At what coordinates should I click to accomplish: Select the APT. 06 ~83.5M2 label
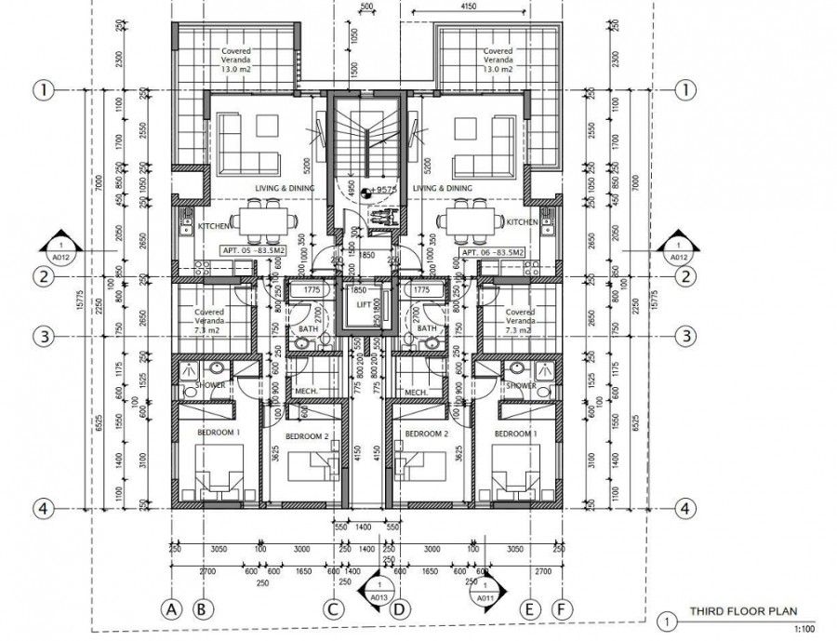pos(491,252)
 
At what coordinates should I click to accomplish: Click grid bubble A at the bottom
pos(170,609)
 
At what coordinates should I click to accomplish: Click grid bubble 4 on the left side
pos(41,509)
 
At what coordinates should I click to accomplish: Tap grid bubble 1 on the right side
pos(685,90)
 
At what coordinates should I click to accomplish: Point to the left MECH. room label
pos(307,392)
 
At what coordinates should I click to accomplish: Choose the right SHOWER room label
pos(521,385)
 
